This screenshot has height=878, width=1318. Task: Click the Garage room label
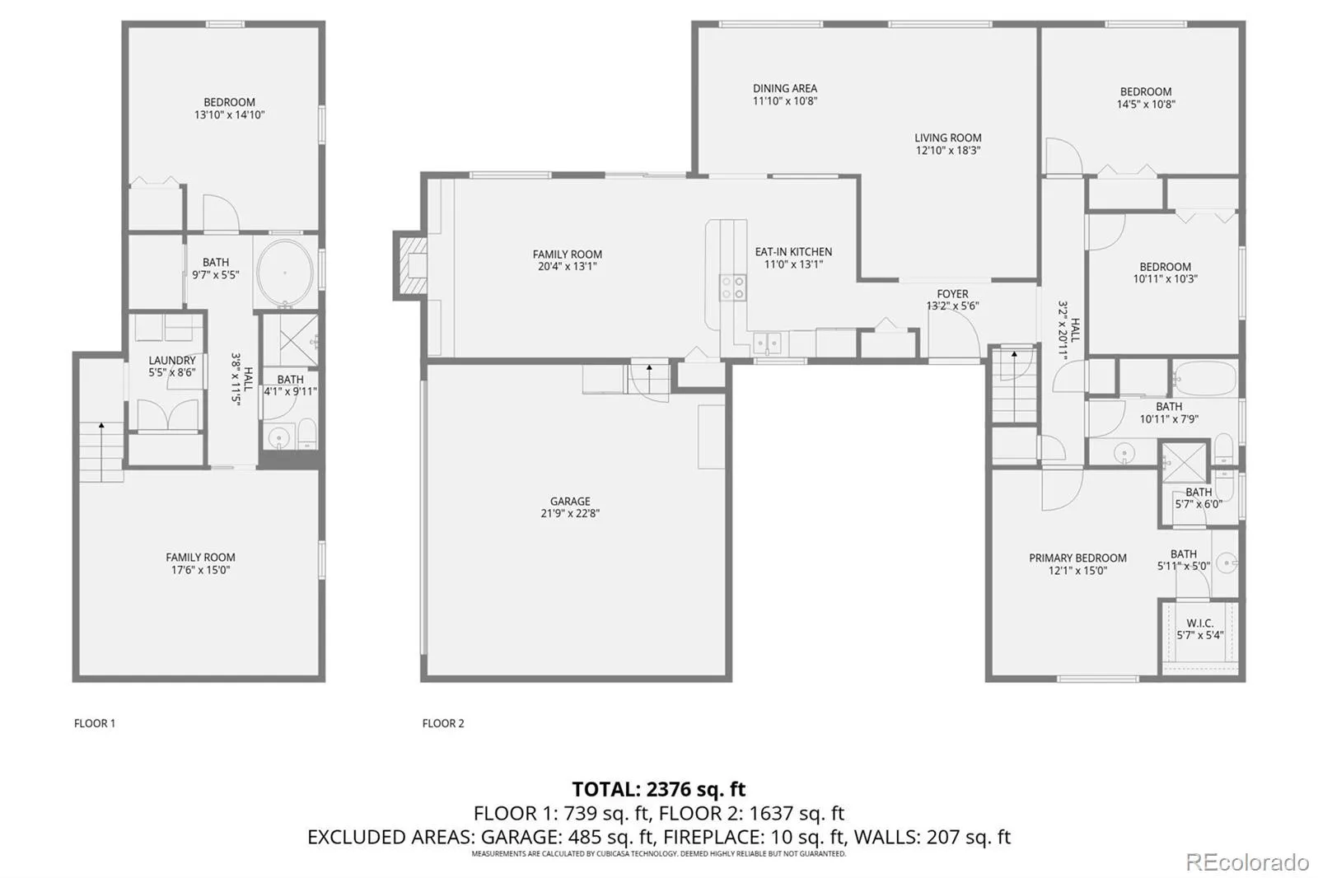pyautogui.click(x=569, y=501)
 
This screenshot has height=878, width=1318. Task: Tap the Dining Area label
pyautogui.click(x=785, y=88)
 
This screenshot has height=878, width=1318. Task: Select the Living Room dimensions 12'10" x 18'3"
pyautogui.click(x=948, y=150)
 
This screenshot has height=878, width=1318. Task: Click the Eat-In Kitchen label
pyautogui.click(x=793, y=252)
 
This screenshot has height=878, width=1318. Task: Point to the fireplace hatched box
pyautogui.click(x=411, y=265)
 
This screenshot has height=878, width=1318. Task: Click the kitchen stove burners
pyautogui.click(x=732, y=287)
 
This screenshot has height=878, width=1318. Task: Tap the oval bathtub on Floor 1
pyautogui.click(x=285, y=273)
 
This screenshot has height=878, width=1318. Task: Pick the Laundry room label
pyautogui.click(x=172, y=360)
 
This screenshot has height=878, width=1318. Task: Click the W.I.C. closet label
pyautogui.click(x=1199, y=623)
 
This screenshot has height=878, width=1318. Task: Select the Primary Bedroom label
pyautogui.click(x=1077, y=558)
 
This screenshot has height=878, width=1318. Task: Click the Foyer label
pyautogui.click(x=952, y=294)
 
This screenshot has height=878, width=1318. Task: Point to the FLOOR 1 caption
pyautogui.click(x=95, y=723)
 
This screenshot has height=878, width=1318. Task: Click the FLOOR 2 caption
pyautogui.click(x=443, y=723)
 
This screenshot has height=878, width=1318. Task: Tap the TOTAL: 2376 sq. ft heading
pyautogui.click(x=658, y=788)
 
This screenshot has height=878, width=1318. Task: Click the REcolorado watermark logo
pyautogui.click(x=1247, y=862)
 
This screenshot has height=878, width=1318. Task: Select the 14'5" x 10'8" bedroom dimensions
pyautogui.click(x=1146, y=104)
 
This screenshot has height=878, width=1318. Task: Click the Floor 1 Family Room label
pyautogui.click(x=200, y=558)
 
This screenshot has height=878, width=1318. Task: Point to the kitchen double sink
pyautogui.click(x=767, y=343)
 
